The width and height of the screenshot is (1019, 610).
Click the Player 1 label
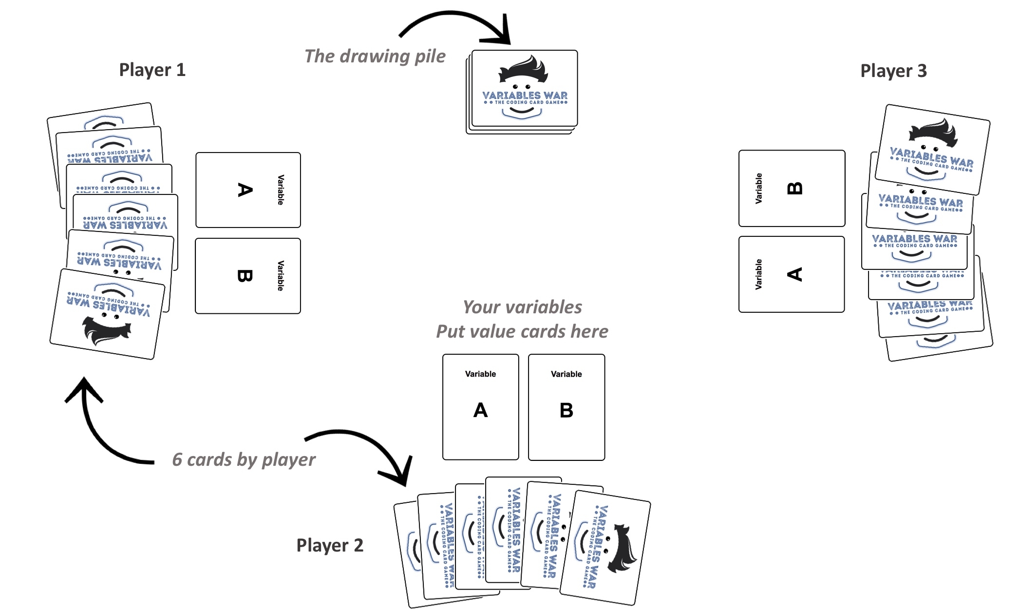[x=152, y=70]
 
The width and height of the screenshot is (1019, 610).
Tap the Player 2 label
[x=330, y=545]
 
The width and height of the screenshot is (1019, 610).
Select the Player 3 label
[x=893, y=71]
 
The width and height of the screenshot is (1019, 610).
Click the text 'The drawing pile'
[x=375, y=56]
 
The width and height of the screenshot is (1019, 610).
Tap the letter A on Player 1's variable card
[x=245, y=190]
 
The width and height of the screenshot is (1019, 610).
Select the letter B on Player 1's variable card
[x=245, y=276]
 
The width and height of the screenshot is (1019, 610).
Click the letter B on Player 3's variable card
[x=794, y=188]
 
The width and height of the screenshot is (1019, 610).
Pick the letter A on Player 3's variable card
[x=794, y=274]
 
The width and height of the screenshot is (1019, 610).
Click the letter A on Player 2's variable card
[x=480, y=410]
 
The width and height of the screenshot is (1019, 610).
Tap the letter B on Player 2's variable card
[x=566, y=410]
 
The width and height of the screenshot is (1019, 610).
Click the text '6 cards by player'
[x=244, y=459]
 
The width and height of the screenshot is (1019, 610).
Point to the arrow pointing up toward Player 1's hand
[x=97, y=429]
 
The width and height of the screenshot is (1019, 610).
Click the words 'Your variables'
[x=522, y=307]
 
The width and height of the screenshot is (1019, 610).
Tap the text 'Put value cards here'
[x=522, y=331]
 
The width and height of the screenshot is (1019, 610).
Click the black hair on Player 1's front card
[x=106, y=331]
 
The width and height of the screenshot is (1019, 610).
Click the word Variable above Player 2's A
[x=480, y=374]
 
